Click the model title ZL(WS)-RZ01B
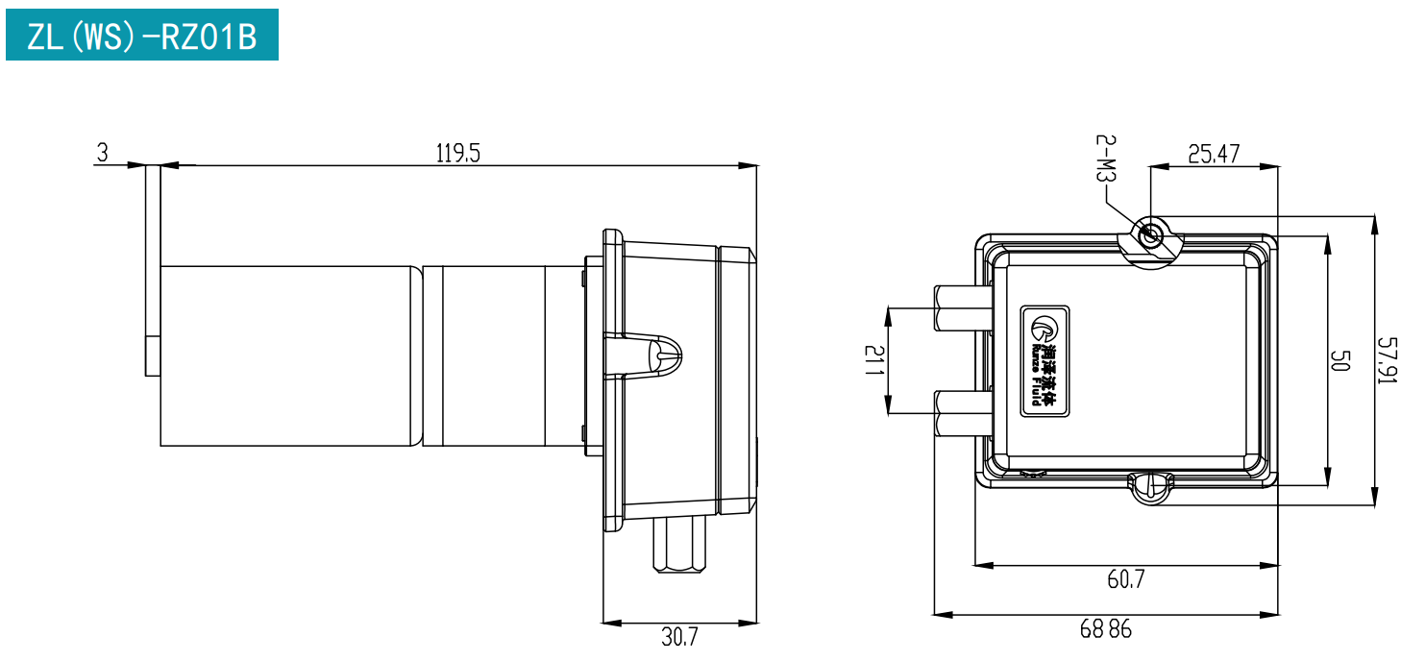pyautogui.click(x=142, y=37)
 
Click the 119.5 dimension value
pyautogui.click(x=458, y=154)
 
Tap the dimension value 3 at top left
pyautogui.click(x=103, y=153)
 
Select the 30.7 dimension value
pyautogui.click(x=679, y=637)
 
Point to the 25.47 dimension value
pyautogui.click(x=1214, y=154)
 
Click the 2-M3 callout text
pyautogui.click(x=1106, y=158)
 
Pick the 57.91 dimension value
pyautogui.click(x=1388, y=360)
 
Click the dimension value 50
pyautogui.click(x=1340, y=360)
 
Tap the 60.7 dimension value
pyautogui.click(x=1126, y=579)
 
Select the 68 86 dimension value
pyautogui.click(x=1106, y=629)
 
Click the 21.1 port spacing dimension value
pyautogui.click(x=874, y=360)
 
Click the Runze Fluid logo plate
pyautogui.click(x=1044, y=361)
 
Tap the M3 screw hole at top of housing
pyautogui.click(x=1150, y=236)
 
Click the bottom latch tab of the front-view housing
pyautogui.click(x=1151, y=488)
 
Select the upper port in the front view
pyautogui.click(x=963, y=308)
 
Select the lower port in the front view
pyautogui.click(x=963, y=413)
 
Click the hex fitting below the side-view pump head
pyautogui.click(x=679, y=545)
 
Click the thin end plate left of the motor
pyautogui.click(x=153, y=270)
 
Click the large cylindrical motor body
pyautogui.click(x=290, y=355)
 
